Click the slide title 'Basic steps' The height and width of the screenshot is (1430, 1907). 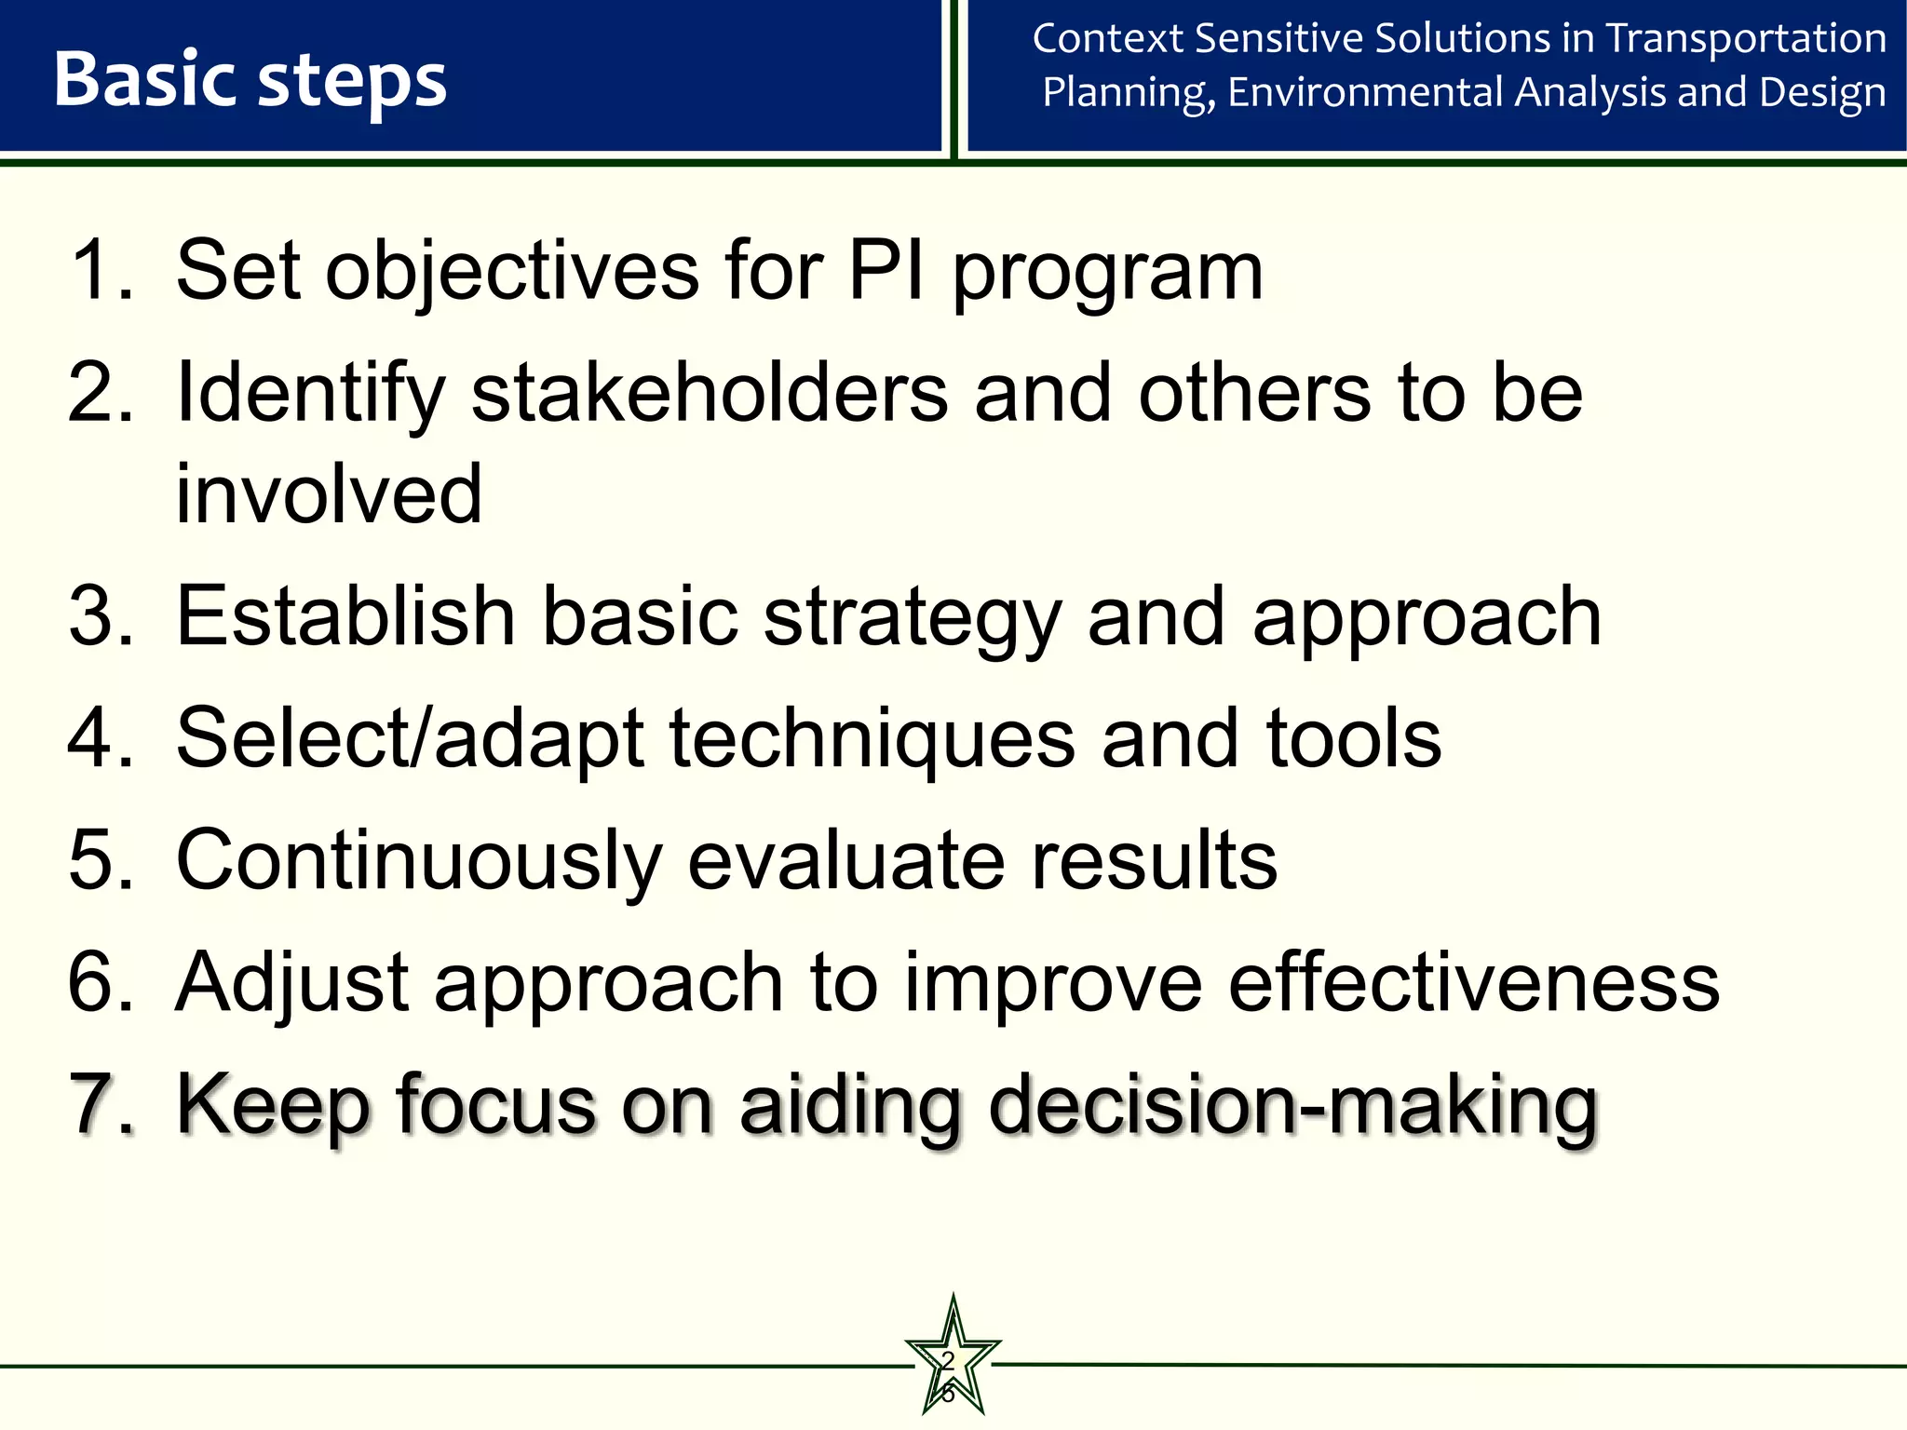click(x=250, y=80)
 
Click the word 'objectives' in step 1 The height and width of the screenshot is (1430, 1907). click(x=512, y=272)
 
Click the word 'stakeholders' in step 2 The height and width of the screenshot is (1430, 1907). click(x=710, y=394)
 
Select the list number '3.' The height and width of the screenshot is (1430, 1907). click(x=101, y=615)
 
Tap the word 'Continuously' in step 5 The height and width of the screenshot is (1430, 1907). click(x=419, y=861)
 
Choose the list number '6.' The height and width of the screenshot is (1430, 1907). click(x=101, y=981)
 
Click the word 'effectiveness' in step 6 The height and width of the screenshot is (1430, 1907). click(x=1473, y=981)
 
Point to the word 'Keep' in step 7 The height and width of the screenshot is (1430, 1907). click(x=274, y=1105)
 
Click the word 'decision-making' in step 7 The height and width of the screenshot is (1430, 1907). click(x=1292, y=1105)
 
